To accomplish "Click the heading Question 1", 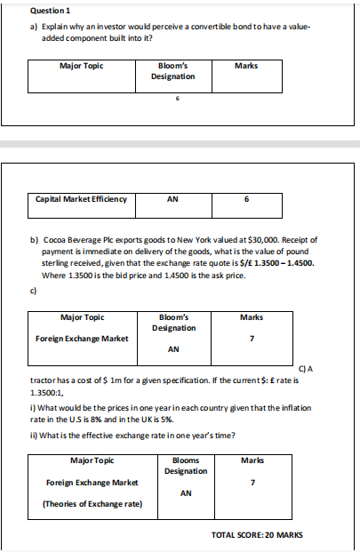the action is (25, 10).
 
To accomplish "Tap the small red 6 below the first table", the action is (178, 98).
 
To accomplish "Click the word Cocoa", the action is (58, 239).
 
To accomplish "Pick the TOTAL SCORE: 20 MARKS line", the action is (256, 535).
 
